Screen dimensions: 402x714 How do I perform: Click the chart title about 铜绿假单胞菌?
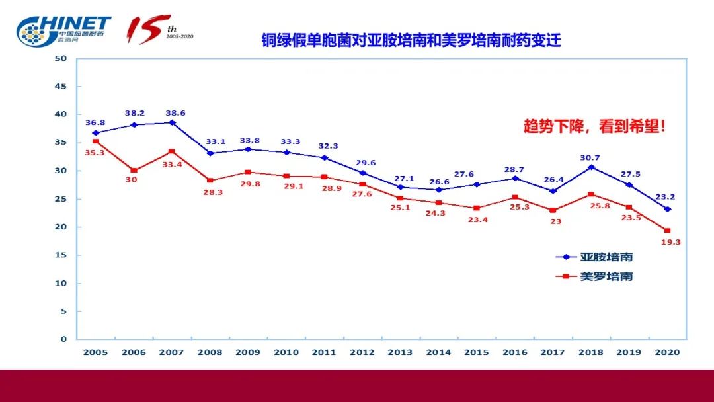click(410, 40)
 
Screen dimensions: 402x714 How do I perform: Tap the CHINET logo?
click(64, 30)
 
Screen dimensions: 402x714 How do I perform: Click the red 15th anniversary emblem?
click(159, 30)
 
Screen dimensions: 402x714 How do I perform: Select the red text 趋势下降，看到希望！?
click(594, 127)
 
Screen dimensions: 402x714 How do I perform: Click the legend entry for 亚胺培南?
click(594, 257)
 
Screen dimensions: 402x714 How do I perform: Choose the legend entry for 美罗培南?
click(594, 276)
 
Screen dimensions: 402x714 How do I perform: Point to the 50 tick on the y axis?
click(61, 58)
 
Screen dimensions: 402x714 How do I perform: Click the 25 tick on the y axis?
click(61, 199)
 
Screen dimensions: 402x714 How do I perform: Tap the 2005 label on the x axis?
click(95, 352)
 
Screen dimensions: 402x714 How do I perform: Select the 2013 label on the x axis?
click(401, 352)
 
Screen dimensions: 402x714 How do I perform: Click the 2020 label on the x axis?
click(667, 352)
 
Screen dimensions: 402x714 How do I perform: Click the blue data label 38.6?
click(173, 113)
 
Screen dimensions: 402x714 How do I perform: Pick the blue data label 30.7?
click(591, 157)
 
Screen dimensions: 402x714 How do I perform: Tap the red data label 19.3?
click(670, 242)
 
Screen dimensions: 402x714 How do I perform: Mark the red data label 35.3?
click(95, 152)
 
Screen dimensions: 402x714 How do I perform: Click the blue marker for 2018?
click(591, 167)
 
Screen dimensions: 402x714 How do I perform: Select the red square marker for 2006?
click(134, 171)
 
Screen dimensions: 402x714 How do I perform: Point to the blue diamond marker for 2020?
click(668, 209)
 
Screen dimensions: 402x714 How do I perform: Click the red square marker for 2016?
click(515, 197)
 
